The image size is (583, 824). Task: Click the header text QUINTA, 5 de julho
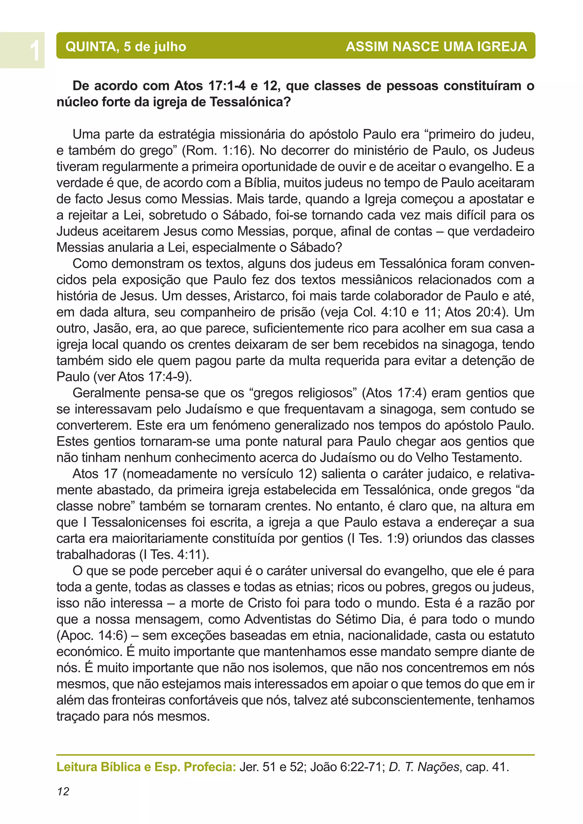(126, 47)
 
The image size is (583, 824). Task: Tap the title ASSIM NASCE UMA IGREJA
(436, 47)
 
